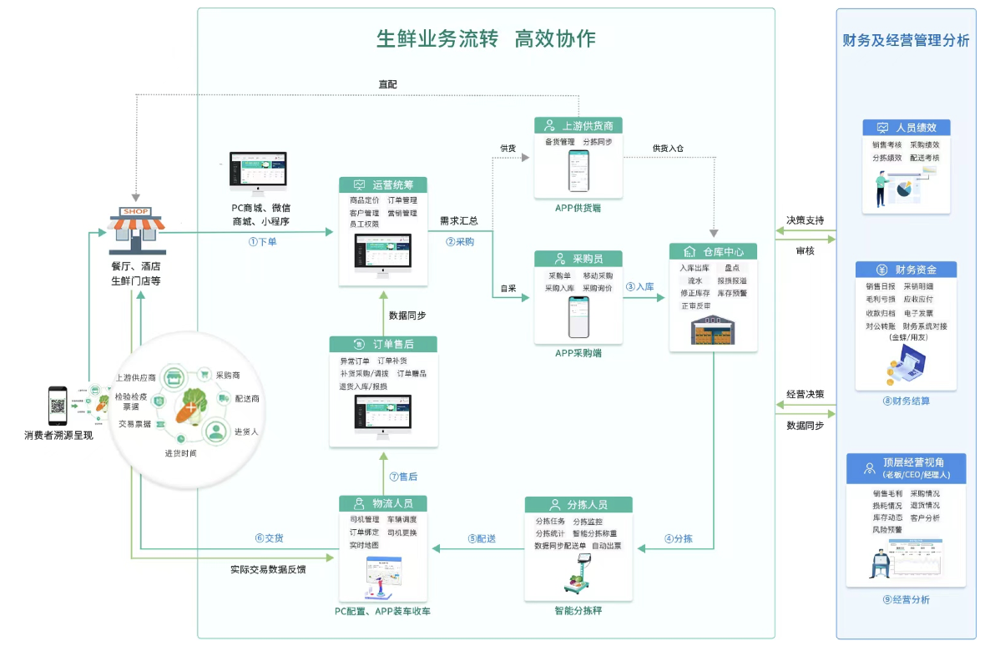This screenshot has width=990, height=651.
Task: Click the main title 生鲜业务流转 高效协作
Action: point(486,39)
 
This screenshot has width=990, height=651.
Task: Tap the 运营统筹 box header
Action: point(383,185)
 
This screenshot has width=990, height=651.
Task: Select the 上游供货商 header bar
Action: point(578,126)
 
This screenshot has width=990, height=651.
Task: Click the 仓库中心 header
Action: point(713,251)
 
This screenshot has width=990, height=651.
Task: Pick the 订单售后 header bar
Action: point(383,344)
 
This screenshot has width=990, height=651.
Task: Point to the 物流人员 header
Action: point(383,503)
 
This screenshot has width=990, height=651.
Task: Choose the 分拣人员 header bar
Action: point(578,505)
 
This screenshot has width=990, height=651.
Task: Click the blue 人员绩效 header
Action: point(906,128)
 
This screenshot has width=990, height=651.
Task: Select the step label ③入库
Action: point(640,286)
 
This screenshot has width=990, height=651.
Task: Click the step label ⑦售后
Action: point(403,477)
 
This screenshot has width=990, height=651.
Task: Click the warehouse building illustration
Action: point(713,330)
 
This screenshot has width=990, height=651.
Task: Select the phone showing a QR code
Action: point(58,406)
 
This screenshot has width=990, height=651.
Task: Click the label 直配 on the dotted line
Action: point(387,84)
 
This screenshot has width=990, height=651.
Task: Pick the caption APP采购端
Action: point(578,353)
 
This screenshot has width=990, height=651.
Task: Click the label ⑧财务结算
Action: point(906,401)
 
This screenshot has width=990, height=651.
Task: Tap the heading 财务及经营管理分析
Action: point(906,40)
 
